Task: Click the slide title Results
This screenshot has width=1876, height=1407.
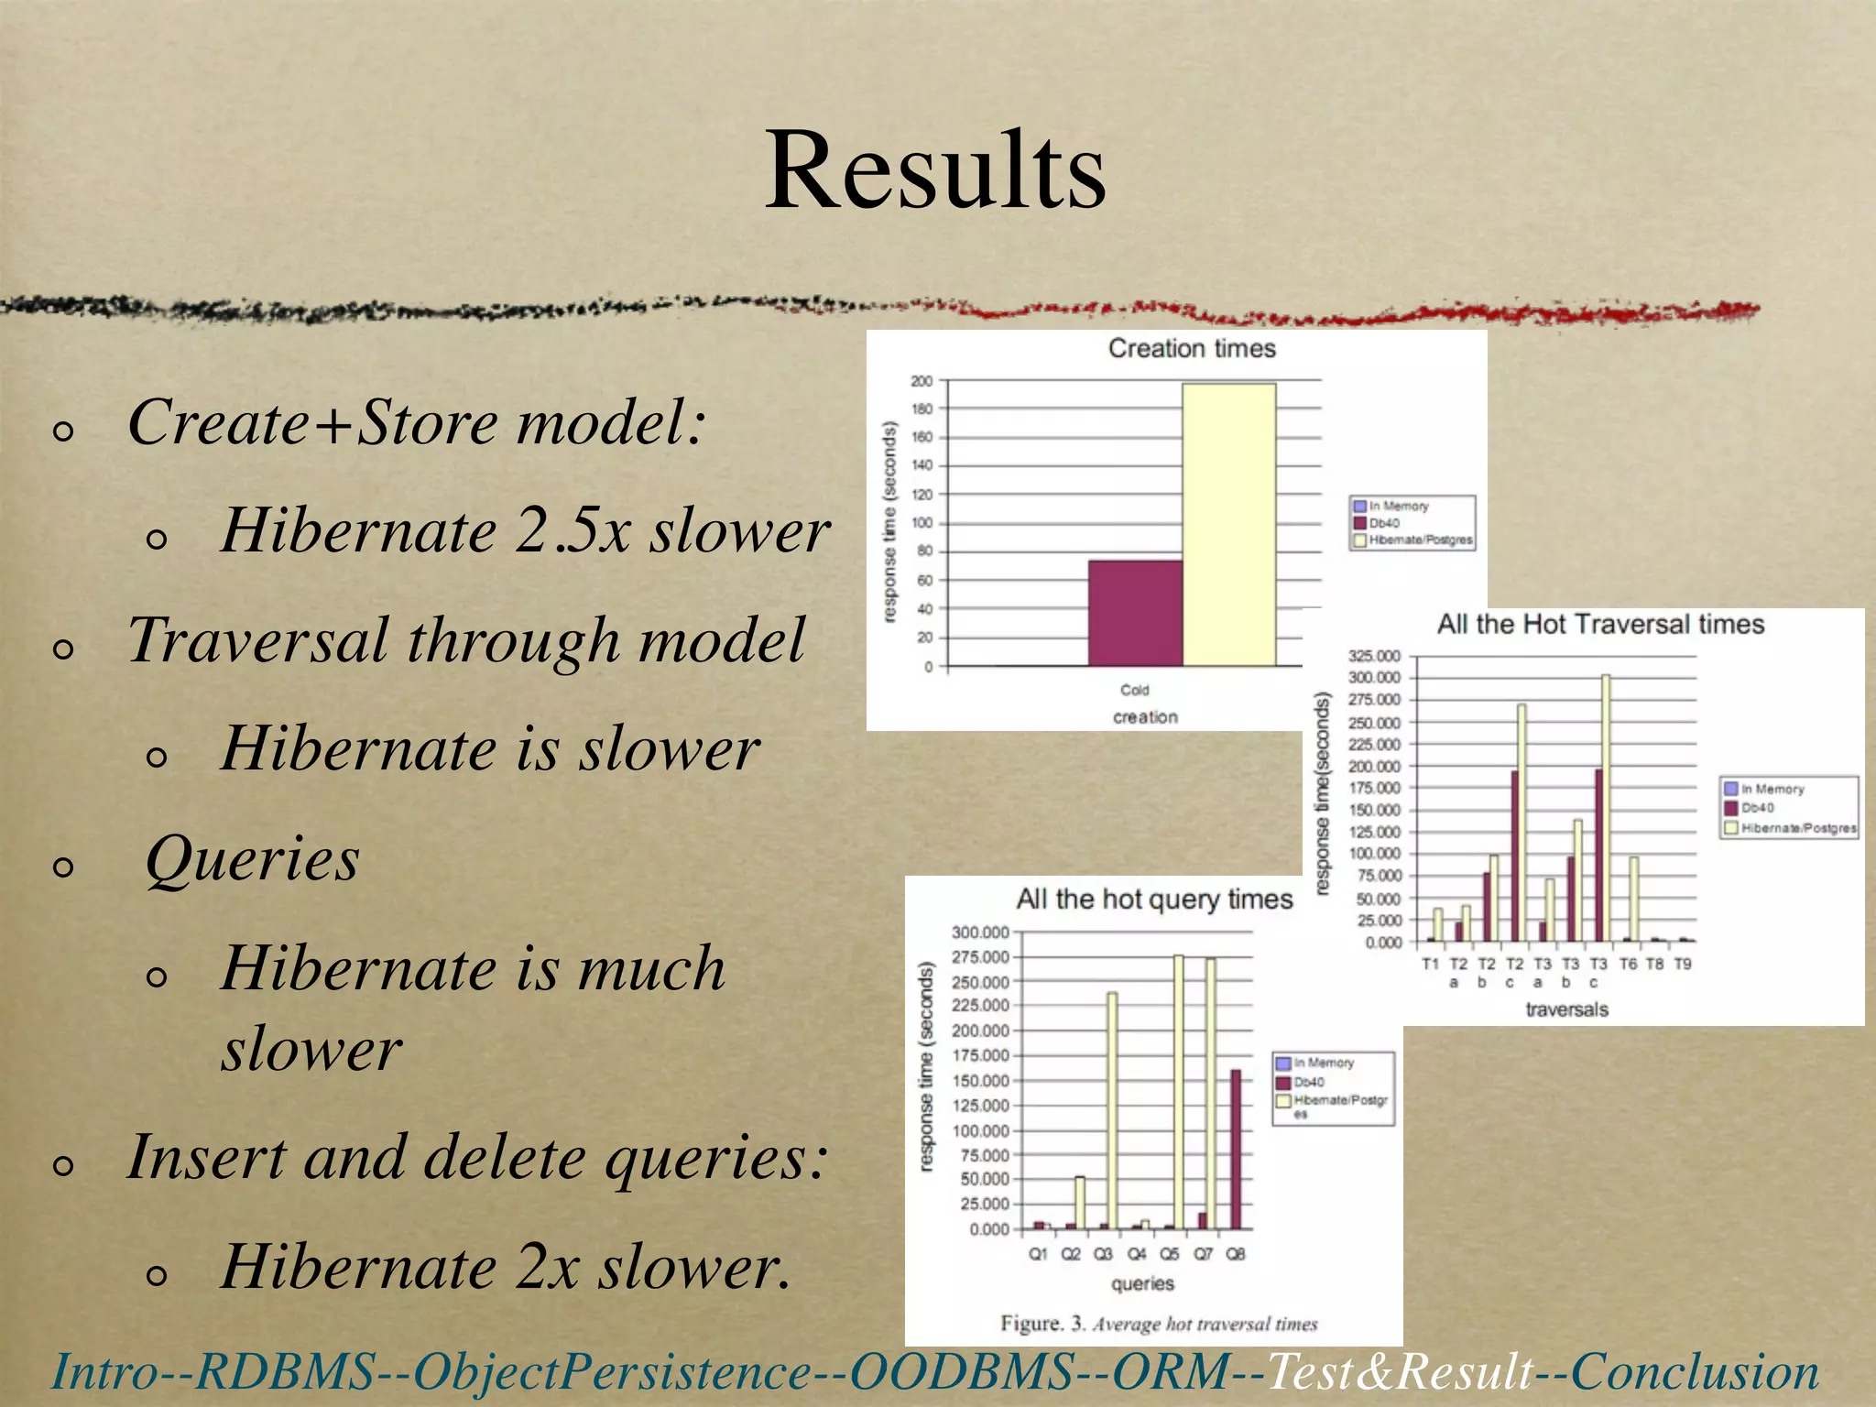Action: pyautogui.click(x=935, y=171)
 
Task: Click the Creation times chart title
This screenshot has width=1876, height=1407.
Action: pyautogui.click(x=1191, y=348)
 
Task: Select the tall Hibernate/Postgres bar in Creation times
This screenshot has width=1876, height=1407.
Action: pyautogui.click(x=1228, y=524)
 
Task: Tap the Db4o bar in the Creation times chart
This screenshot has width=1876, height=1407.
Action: pyautogui.click(x=1135, y=613)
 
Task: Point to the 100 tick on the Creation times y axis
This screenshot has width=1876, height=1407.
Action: pyautogui.click(x=922, y=523)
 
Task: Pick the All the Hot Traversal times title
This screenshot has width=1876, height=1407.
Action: pyautogui.click(x=1599, y=625)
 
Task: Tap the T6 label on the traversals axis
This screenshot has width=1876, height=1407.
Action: pyautogui.click(x=1627, y=965)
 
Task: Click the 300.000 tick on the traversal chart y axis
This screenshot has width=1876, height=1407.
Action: pyautogui.click(x=1374, y=678)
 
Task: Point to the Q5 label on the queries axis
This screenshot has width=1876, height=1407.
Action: pyautogui.click(x=1170, y=1254)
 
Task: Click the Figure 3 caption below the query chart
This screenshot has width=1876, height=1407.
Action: pyautogui.click(x=1158, y=1324)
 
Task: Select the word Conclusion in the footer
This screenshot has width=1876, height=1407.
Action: pyautogui.click(x=1695, y=1372)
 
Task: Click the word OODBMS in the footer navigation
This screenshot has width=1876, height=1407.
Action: pyautogui.click(x=962, y=1372)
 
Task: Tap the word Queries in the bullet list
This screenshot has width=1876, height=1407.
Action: pyautogui.click(x=252, y=859)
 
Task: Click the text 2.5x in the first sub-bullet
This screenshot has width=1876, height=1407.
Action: pyautogui.click(x=573, y=531)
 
